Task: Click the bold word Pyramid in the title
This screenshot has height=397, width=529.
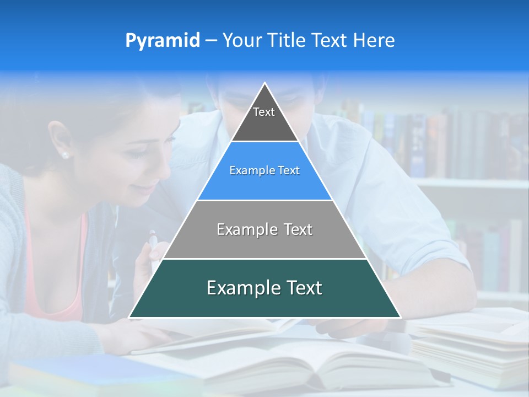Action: point(162,41)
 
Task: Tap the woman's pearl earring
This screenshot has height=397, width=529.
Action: point(66,155)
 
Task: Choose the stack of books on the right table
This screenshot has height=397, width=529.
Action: point(474,342)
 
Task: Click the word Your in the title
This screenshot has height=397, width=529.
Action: point(241,41)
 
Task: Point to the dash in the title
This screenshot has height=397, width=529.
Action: point(210,41)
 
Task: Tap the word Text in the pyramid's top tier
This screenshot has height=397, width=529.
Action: point(264,112)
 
